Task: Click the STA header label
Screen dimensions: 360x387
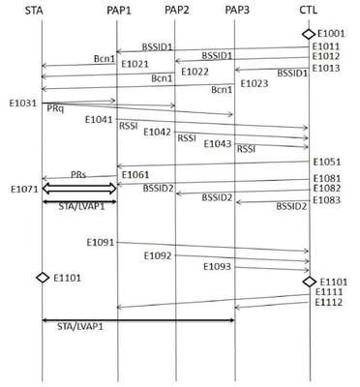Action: [34, 11]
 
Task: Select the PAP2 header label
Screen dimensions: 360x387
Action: [177, 10]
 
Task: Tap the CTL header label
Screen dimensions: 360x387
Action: [308, 10]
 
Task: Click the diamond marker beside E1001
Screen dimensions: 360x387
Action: [309, 34]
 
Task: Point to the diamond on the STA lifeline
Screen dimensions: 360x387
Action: [43, 278]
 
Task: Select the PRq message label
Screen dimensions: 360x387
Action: [55, 108]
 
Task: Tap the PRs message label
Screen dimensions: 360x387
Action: [78, 174]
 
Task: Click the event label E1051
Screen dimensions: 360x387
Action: [327, 162]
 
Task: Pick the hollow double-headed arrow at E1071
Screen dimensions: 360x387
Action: [79, 189]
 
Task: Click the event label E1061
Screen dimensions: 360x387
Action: [135, 175]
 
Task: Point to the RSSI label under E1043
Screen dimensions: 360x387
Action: [246, 149]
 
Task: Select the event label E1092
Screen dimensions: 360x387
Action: [158, 256]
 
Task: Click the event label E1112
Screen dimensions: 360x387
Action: [329, 303]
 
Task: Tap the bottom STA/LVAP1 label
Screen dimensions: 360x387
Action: [80, 326]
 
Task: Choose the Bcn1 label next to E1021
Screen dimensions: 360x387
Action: [105, 59]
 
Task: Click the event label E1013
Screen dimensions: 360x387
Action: [326, 68]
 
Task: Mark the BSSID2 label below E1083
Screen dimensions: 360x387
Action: [291, 206]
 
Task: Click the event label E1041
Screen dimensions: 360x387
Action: [99, 120]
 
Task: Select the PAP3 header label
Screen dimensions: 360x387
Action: [237, 10]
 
